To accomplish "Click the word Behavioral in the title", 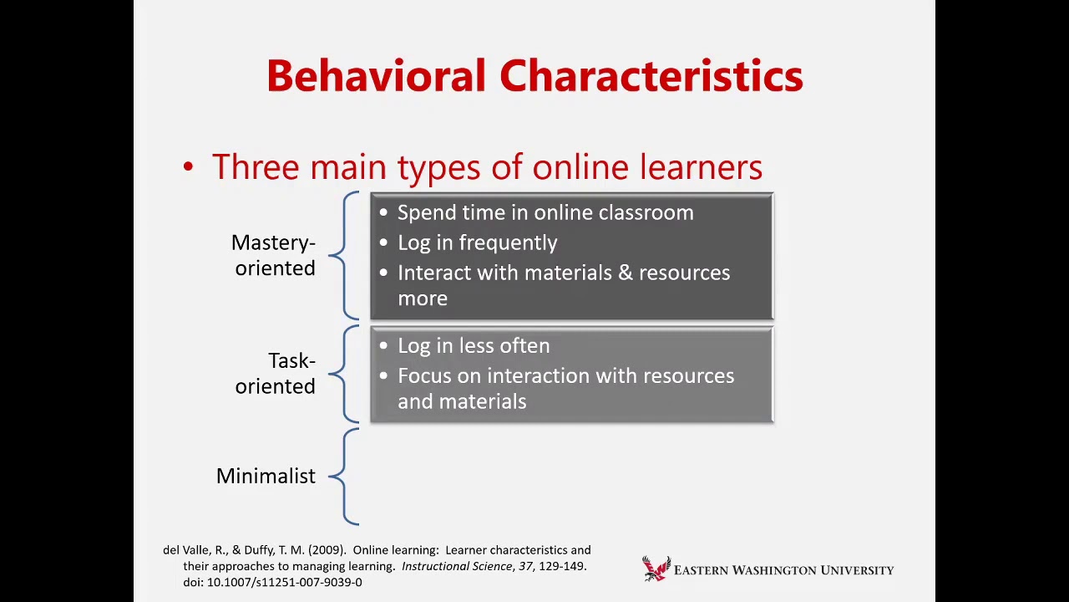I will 376,76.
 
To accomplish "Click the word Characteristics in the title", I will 651,76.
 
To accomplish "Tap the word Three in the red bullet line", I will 256,167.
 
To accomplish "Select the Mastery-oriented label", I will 273,255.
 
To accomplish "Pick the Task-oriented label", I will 275,373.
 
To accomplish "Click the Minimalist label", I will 266,476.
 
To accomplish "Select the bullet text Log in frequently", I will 477,242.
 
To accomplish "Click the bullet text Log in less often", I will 474,345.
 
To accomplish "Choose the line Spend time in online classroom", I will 545,212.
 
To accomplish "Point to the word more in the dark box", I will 423,298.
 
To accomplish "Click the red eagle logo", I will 656,569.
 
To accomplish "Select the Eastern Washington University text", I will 783,570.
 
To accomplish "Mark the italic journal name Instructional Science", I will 456,566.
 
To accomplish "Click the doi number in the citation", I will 284,582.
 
